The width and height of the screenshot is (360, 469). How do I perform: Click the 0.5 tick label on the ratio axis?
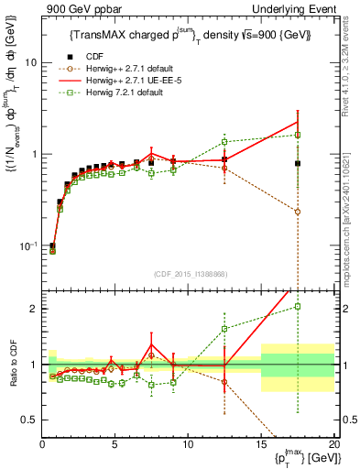[29, 420]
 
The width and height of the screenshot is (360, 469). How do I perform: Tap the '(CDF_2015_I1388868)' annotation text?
[189, 272]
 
